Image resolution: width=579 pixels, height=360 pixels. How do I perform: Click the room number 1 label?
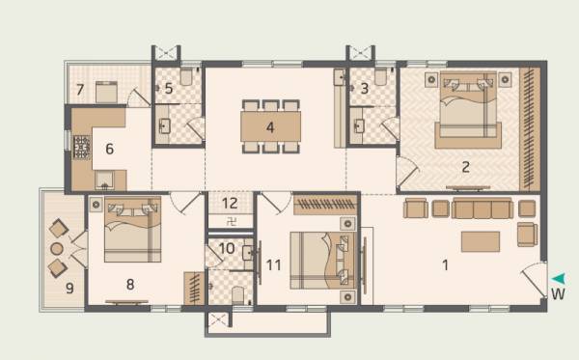pos(445,263)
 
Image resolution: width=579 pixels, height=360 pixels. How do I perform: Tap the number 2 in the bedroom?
pos(465,166)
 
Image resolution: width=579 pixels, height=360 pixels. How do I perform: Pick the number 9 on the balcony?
pos(69,287)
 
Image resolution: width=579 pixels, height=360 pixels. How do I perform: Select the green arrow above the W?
pos(558,278)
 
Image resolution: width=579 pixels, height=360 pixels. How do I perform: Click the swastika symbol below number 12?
pos(230,221)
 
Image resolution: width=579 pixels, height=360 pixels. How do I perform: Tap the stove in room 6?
pos(81,147)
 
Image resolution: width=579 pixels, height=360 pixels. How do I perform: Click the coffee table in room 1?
pos(480,240)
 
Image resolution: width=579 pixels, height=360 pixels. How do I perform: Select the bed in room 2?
pos(467,113)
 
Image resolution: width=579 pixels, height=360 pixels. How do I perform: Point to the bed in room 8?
pos(131,233)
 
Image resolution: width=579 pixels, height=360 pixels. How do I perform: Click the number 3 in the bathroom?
pos(364,89)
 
